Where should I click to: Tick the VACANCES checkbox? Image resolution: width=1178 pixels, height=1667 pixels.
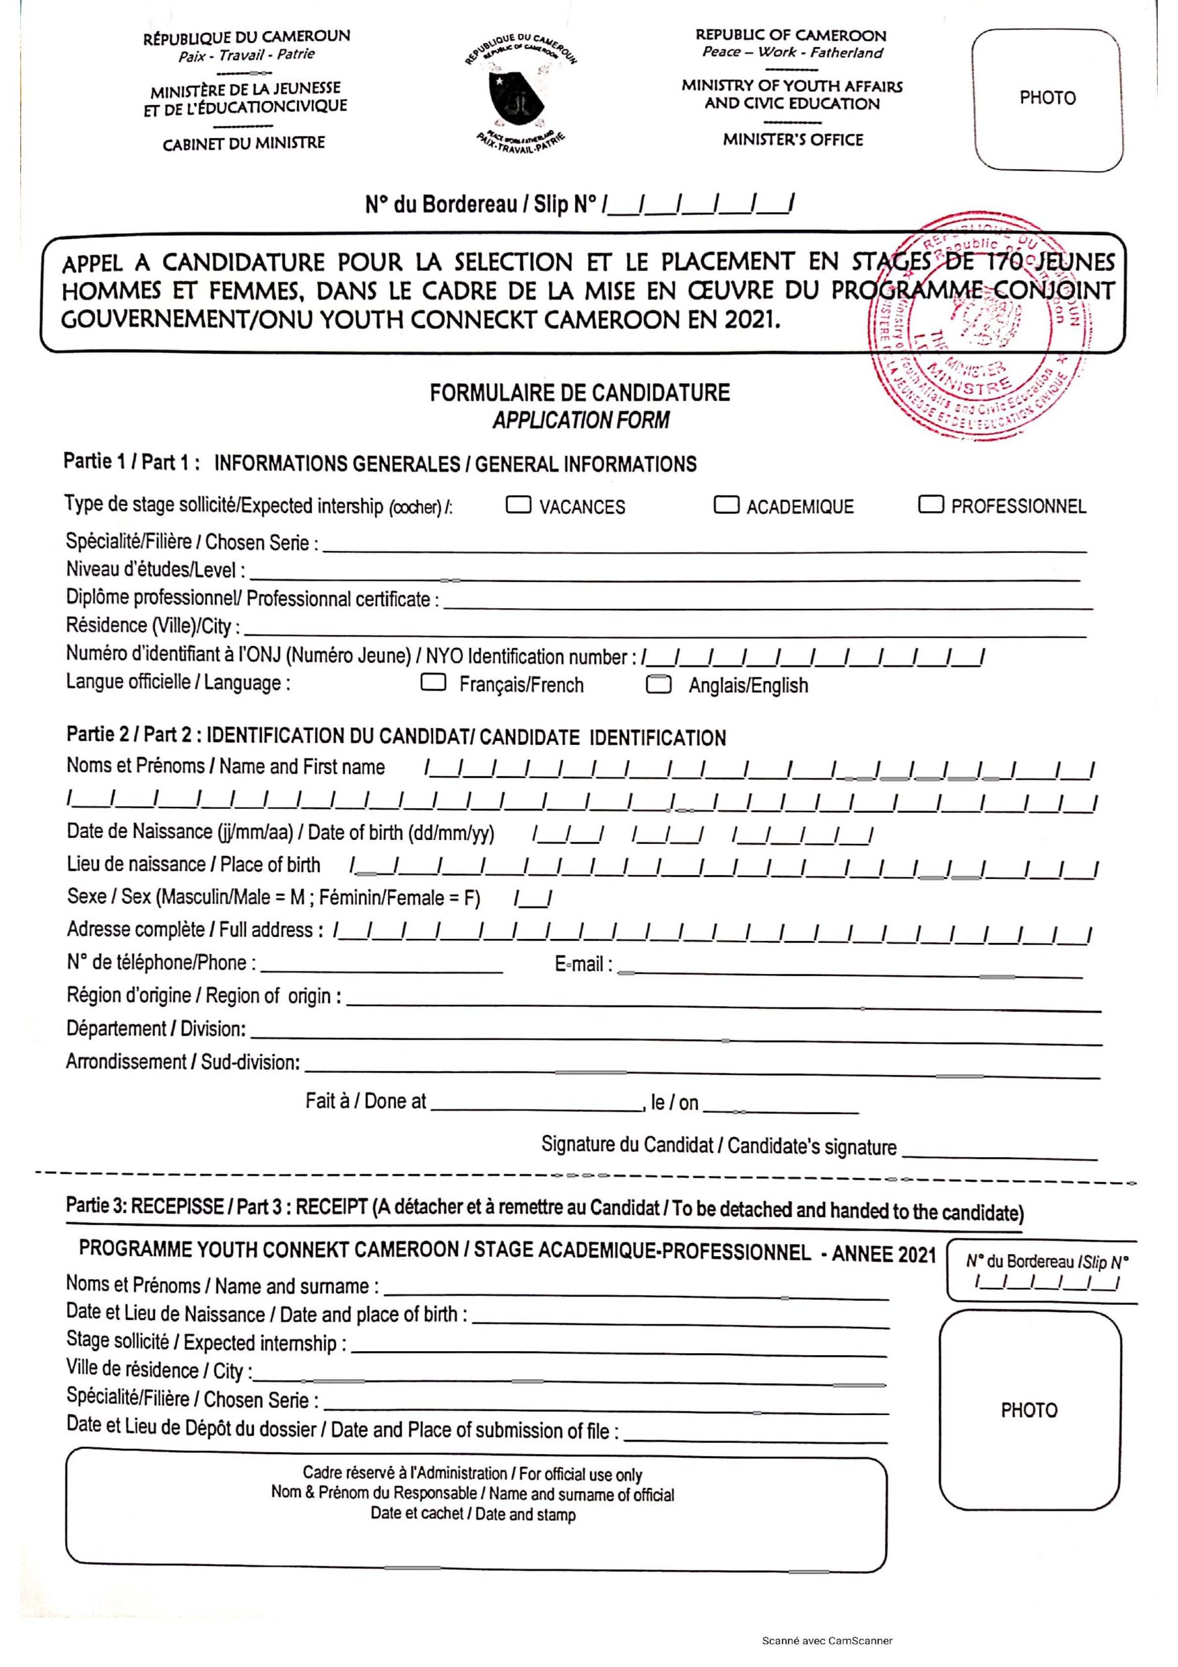[518, 505]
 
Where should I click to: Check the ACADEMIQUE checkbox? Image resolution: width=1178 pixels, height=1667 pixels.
[726, 505]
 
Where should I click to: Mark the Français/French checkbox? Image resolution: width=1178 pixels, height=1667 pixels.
[434, 682]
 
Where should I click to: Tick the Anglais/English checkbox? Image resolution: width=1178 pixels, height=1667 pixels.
[659, 684]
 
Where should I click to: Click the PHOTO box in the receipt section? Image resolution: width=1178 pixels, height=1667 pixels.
[1029, 1409]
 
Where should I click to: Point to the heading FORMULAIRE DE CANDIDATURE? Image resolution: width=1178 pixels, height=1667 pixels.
[580, 393]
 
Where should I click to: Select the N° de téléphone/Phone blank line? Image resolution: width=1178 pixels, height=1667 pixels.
[382, 968]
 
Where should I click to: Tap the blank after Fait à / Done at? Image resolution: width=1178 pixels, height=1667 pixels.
[536, 1107]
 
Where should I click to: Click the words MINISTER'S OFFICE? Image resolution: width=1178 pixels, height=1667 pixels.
[792, 139]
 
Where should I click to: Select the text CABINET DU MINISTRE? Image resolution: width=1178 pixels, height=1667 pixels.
[244, 143]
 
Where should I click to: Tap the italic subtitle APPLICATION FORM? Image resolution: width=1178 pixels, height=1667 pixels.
[580, 421]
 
